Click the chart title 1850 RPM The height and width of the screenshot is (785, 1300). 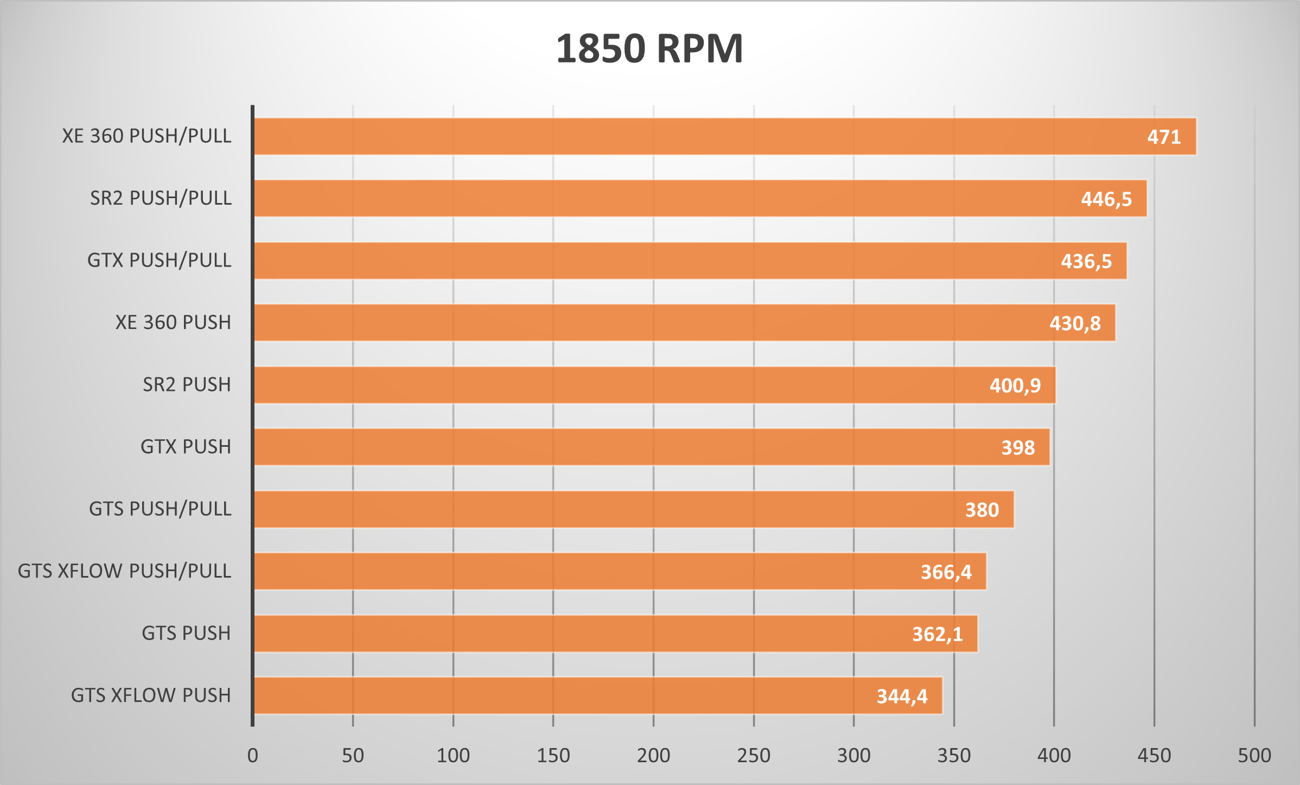pos(649,49)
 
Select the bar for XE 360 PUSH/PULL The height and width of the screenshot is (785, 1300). pos(724,136)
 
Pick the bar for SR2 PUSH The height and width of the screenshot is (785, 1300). pos(654,385)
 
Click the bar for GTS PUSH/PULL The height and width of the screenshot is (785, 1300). pos(633,509)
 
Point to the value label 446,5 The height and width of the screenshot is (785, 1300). pos(1106,199)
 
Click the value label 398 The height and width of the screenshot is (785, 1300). pos(1018,448)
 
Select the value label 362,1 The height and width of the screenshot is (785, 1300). pos(937,634)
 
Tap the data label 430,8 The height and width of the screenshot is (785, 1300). pos(1075,324)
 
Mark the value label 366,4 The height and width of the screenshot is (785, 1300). pos(946,572)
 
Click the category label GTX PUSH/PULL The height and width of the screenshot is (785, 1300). pos(160,261)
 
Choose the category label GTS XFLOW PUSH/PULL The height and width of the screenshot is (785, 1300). pos(125,571)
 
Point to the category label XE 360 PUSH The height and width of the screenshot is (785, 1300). pos(173,322)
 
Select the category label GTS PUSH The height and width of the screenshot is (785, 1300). pos(186,634)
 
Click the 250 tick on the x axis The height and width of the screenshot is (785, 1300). pos(754,756)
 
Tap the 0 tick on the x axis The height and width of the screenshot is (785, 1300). pos(253,756)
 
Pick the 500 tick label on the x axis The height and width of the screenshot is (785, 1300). pos(1254,756)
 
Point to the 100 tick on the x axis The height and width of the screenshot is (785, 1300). pos(453,756)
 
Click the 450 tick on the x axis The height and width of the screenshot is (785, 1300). pos(1154,756)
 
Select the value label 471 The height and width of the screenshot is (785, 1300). pos(1164,137)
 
